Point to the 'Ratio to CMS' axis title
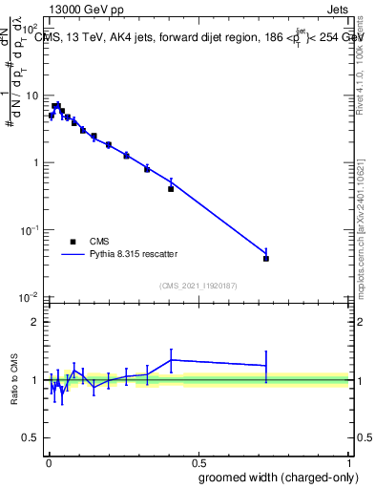point(14,380)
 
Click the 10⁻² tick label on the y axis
point(29,297)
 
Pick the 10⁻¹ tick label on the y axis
point(29,230)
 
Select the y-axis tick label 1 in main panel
point(34,163)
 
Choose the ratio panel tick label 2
point(34,322)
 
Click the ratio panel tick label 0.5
point(31,438)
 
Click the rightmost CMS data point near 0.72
point(266,259)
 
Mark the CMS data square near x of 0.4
point(171,189)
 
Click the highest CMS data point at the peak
point(56,105)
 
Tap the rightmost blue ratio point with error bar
point(266,366)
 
